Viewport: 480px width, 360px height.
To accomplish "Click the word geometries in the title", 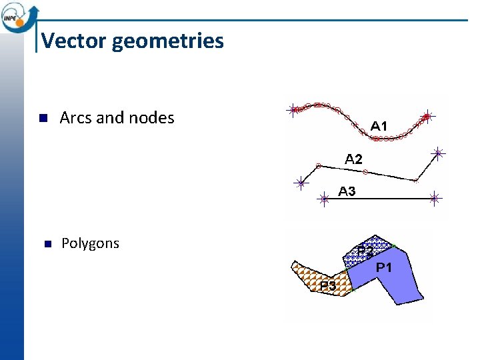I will [x=168, y=41].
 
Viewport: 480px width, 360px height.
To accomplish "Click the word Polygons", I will [x=90, y=243].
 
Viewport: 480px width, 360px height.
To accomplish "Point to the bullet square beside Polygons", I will [x=47, y=244].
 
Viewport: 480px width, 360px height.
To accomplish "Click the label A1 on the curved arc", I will [x=379, y=125].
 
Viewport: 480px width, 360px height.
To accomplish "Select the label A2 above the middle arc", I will [x=353, y=159].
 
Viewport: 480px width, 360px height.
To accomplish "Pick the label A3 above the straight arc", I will [x=347, y=191].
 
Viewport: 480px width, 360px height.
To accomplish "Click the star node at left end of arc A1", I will [x=293, y=111].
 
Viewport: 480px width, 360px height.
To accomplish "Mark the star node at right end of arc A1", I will [x=428, y=116].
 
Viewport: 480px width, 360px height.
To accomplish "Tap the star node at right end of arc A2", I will [x=438, y=153].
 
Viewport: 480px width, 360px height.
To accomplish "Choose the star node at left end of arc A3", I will [x=324, y=198].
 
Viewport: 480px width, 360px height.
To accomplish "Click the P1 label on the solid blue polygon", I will [x=384, y=267].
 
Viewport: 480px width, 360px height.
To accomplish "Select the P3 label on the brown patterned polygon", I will [x=327, y=285].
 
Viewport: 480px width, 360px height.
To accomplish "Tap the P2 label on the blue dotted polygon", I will [x=365, y=252].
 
